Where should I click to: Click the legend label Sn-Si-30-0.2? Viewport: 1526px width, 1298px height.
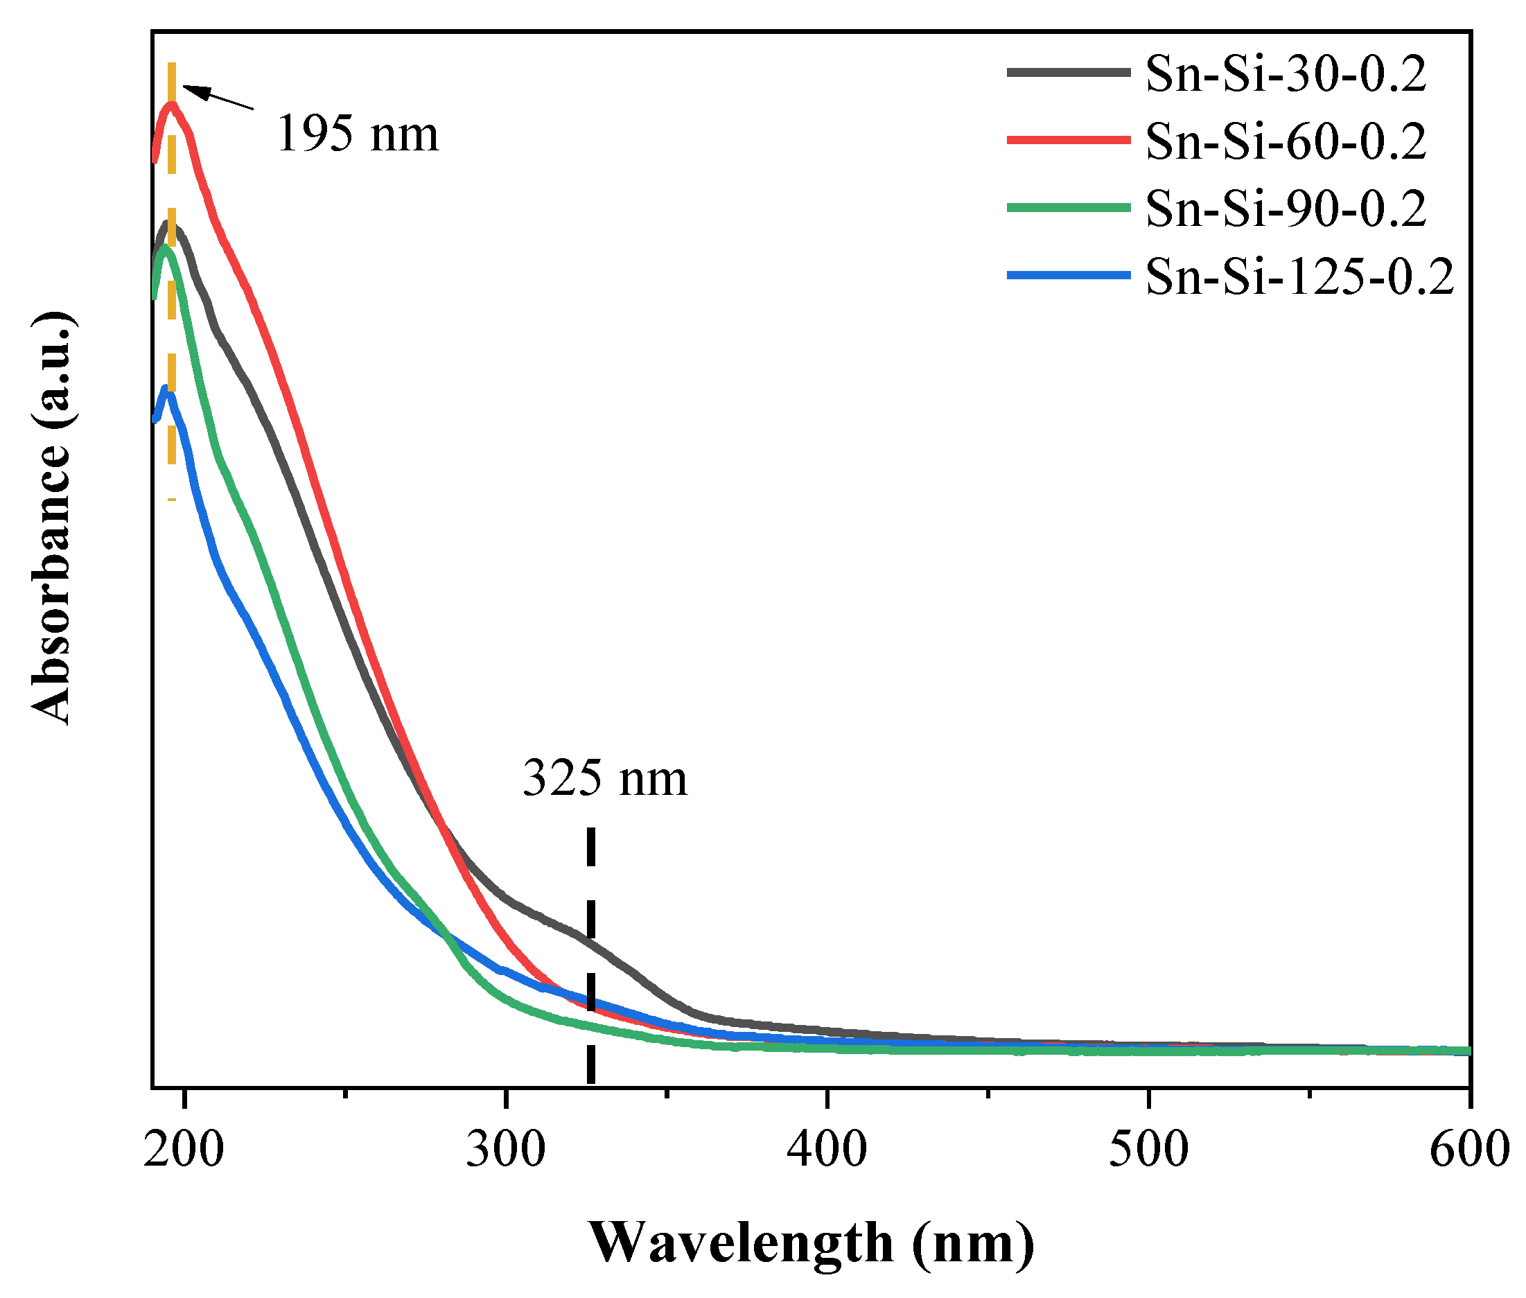coord(1285,74)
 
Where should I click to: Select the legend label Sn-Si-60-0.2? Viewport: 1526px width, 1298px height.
coord(1285,141)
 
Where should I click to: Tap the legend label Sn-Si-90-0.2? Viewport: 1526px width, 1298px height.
coord(1285,209)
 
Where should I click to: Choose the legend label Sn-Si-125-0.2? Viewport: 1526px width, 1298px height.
coord(1299,277)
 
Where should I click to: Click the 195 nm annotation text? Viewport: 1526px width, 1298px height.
coord(357,134)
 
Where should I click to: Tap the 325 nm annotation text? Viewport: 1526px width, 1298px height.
coord(604,778)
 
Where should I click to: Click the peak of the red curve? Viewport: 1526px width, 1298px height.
coord(170,104)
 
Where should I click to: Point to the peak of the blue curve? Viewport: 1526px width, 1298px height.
coord(167,389)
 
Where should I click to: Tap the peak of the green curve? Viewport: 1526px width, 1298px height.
coord(166,249)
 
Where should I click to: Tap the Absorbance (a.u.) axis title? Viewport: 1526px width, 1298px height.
coord(51,517)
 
